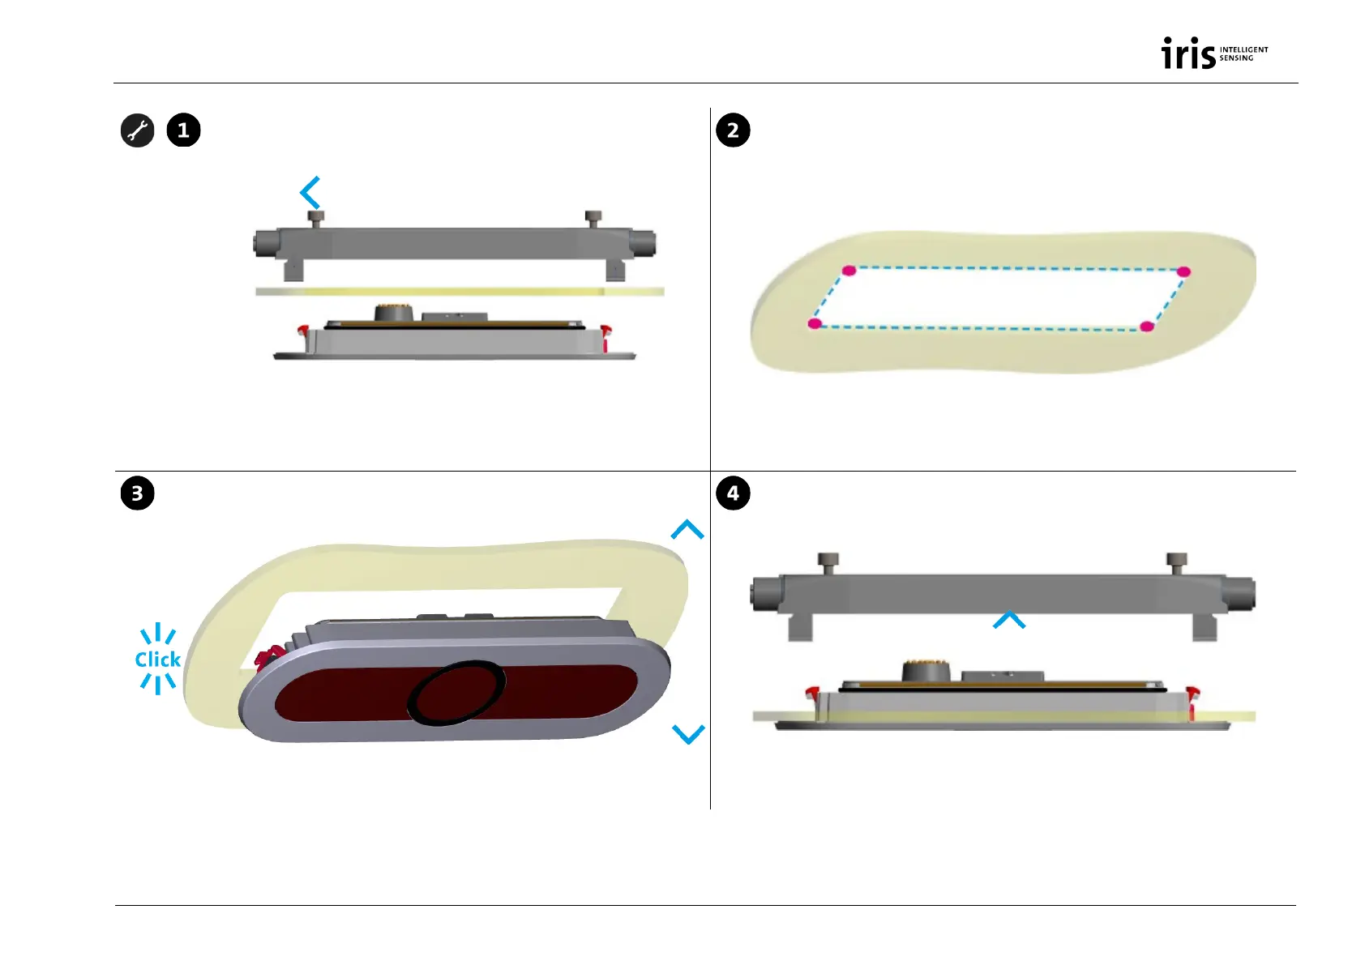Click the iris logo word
pyautogui.click(x=1188, y=53)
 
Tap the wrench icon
pyautogui.click(x=138, y=130)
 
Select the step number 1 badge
pyautogui.click(x=183, y=130)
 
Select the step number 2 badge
pyautogui.click(x=733, y=130)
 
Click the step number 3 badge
pyautogui.click(x=137, y=493)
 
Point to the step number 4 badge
pyautogui.click(x=733, y=493)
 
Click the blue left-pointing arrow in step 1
pyautogui.click(x=310, y=193)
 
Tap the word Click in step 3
pyautogui.click(x=158, y=660)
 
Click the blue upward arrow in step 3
pyautogui.click(x=687, y=530)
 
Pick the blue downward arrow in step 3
pyautogui.click(x=688, y=734)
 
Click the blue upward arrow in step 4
pyautogui.click(x=1009, y=621)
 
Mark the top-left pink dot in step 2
pyautogui.click(x=849, y=271)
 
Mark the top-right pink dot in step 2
pyautogui.click(x=1183, y=271)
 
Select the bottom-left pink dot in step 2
pyautogui.click(x=815, y=324)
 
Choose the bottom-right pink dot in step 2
pyautogui.click(x=1146, y=327)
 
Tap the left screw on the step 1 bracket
pyautogui.click(x=316, y=218)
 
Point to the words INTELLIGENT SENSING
pyautogui.click(x=1243, y=53)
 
